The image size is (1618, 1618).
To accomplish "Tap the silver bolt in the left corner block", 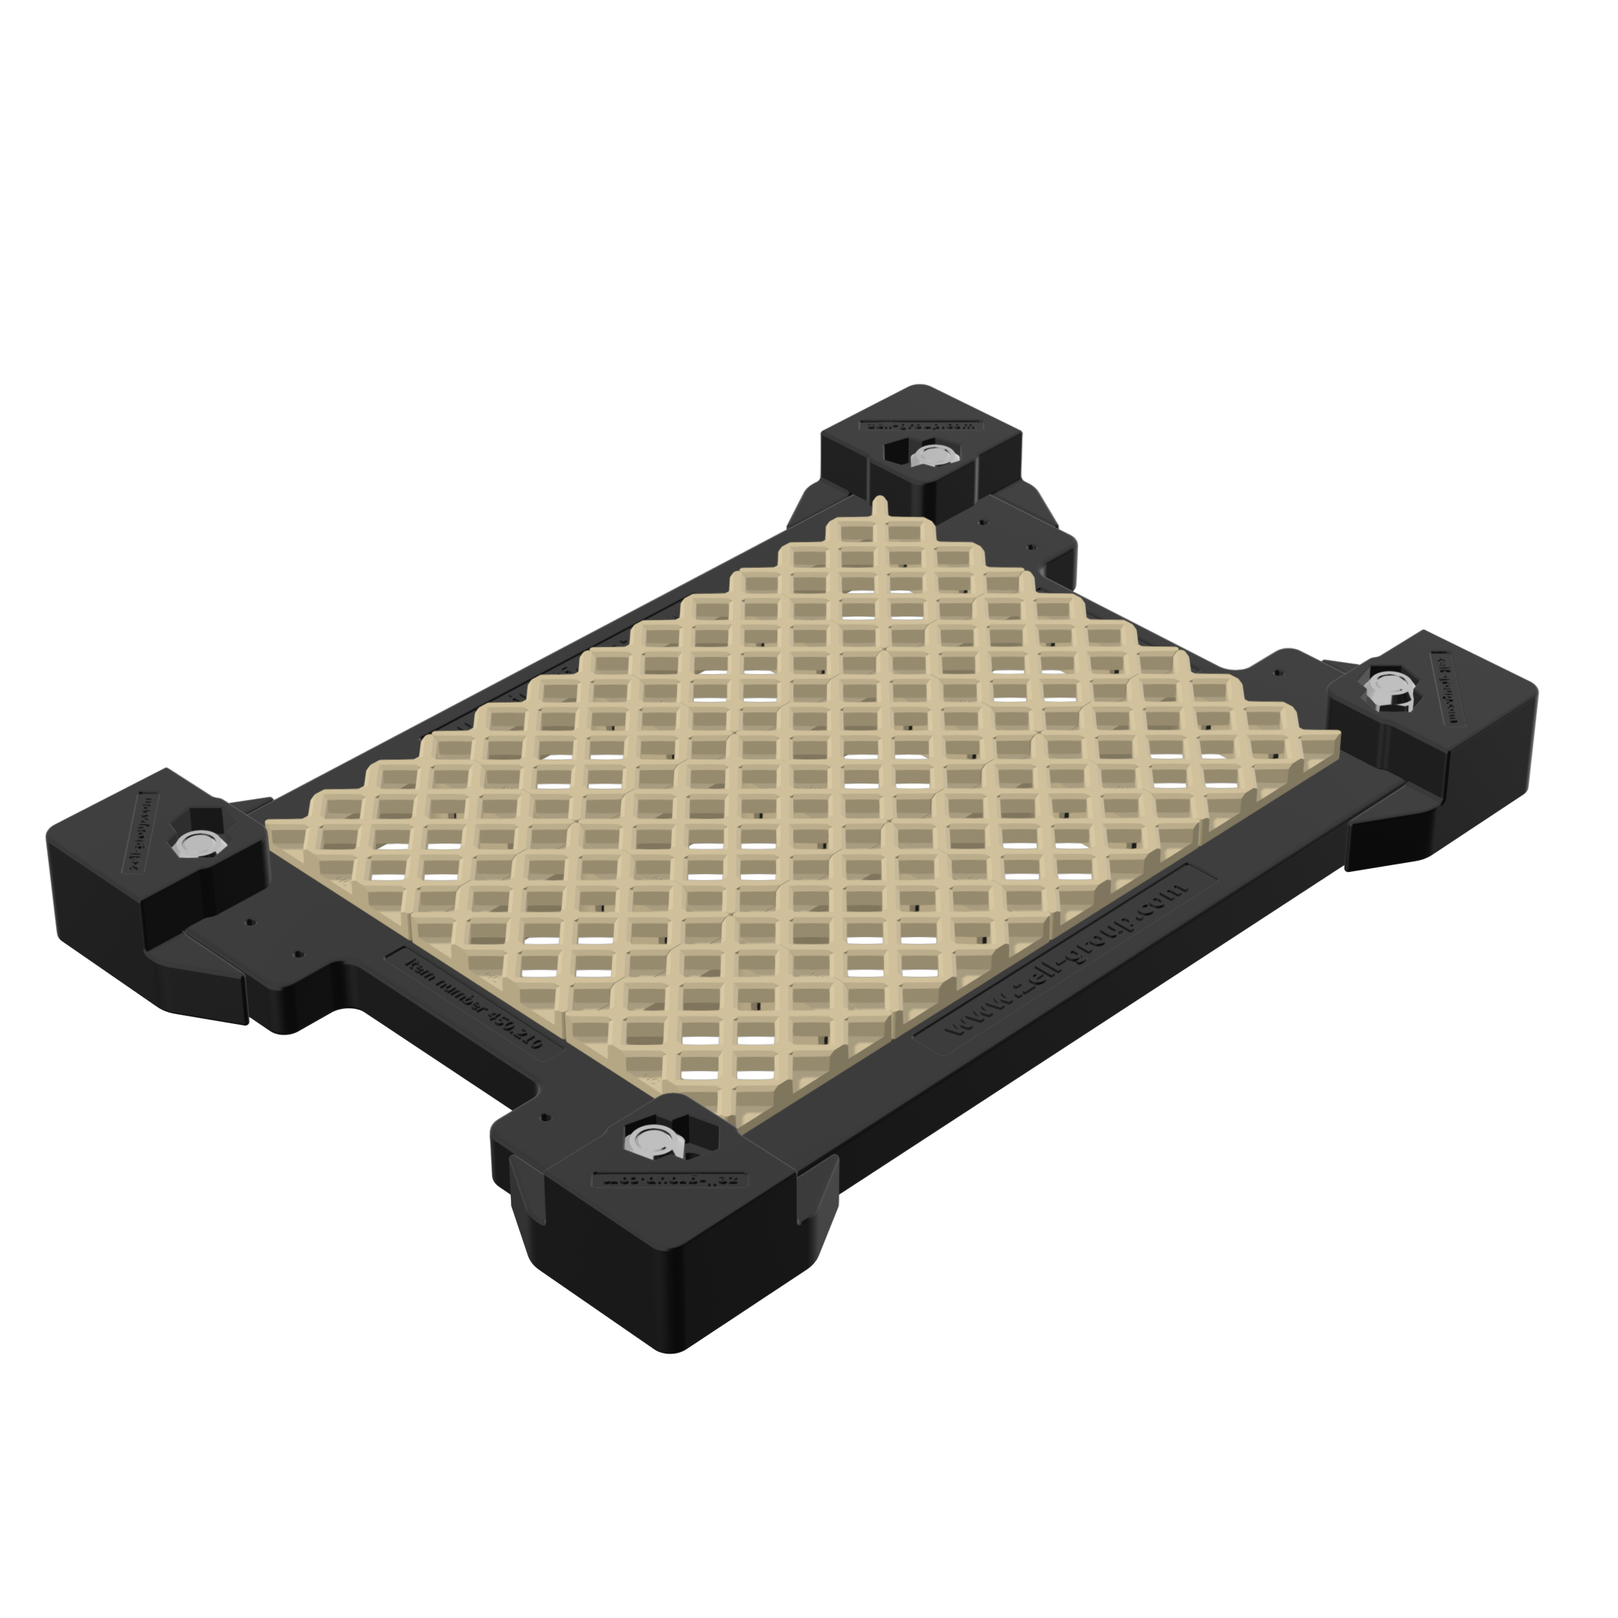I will pyautogui.click(x=194, y=843).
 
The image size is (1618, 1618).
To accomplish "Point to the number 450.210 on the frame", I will pyautogui.click(x=513, y=1026).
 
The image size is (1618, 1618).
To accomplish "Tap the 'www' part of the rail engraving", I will pyautogui.click(x=972, y=1017).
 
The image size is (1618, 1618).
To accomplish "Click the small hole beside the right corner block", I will pyautogui.click(x=1277, y=672).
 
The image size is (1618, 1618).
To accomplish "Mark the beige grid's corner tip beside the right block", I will pyautogui.click(x=1339, y=733).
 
